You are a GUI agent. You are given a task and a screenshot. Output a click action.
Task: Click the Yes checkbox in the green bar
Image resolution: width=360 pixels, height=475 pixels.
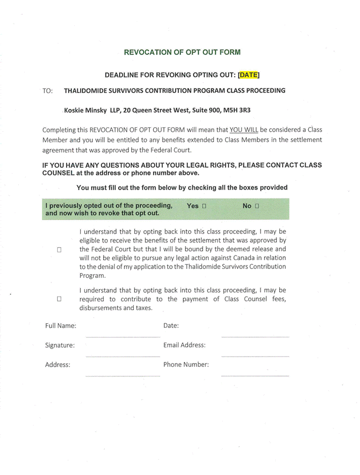pyautogui.click(x=204, y=207)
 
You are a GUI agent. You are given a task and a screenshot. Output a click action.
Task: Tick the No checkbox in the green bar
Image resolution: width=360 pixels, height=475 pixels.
pyautogui.click(x=257, y=207)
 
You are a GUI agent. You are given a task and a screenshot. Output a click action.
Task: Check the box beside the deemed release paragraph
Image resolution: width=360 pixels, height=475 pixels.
pyautogui.click(x=60, y=250)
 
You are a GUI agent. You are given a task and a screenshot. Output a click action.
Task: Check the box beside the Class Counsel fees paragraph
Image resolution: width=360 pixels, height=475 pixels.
pyautogui.click(x=60, y=299)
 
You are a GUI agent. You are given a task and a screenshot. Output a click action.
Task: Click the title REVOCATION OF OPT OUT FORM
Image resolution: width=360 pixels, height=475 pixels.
pyautogui.click(x=182, y=52)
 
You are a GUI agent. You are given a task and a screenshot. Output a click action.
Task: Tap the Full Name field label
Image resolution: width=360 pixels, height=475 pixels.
pyautogui.click(x=61, y=325)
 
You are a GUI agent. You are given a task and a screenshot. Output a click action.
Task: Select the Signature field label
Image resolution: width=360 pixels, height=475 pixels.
pyautogui.click(x=60, y=345)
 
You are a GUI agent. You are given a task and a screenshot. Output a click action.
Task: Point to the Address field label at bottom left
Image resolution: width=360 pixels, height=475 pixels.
pyautogui.click(x=58, y=364)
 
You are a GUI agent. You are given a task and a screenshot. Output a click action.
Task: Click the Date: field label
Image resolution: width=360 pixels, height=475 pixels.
pyautogui.click(x=171, y=325)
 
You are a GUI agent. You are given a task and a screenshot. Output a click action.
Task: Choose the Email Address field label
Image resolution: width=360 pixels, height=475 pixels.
pyautogui.click(x=184, y=345)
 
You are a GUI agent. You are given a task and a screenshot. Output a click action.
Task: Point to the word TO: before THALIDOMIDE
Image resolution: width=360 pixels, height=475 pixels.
pyautogui.click(x=48, y=91)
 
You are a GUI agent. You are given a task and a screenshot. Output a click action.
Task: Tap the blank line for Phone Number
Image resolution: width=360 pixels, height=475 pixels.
pyautogui.click(x=255, y=374)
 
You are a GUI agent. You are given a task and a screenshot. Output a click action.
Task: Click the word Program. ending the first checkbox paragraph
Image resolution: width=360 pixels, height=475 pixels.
pyautogui.click(x=93, y=275)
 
